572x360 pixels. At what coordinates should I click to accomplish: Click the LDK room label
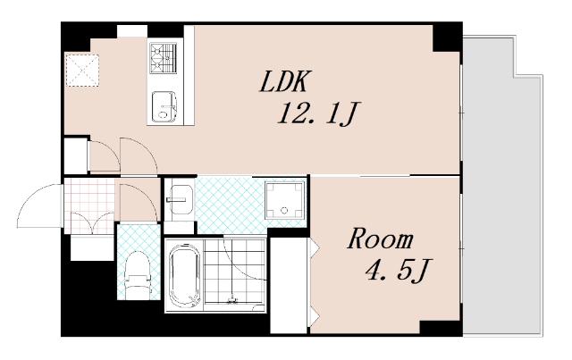pos(283,81)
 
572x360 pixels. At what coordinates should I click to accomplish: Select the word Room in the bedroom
pos(380,239)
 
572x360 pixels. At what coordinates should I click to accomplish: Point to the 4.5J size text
pos(399,271)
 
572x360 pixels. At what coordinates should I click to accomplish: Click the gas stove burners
pos(163,58)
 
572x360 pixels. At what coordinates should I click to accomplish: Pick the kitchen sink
pos(164,106)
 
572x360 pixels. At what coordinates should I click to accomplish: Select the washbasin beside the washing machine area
pos(180,200)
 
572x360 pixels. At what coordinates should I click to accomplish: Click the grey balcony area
pos(502,184)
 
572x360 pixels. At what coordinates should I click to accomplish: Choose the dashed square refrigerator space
pos(82,70)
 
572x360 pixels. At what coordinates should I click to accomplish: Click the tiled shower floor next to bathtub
pos(234,271)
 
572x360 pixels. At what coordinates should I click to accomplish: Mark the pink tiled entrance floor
pos(89,205)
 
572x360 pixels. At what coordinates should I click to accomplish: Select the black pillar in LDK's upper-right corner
pos(447,38)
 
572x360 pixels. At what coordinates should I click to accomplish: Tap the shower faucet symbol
pos(231,299)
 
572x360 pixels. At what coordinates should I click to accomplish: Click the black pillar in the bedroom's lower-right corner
pos(441,328)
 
